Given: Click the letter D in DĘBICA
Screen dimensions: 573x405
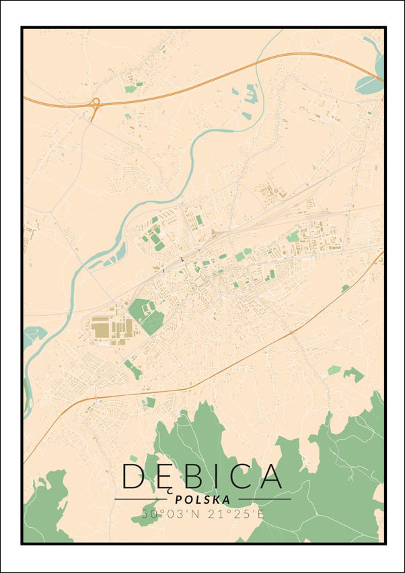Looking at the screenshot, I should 133,476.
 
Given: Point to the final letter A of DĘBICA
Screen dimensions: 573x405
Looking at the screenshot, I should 270,476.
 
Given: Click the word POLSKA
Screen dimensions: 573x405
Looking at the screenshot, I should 202,500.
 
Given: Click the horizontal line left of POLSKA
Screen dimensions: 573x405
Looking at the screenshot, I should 141,499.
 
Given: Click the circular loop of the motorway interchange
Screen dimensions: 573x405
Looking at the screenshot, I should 96,102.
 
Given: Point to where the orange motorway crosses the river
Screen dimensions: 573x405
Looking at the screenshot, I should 263,63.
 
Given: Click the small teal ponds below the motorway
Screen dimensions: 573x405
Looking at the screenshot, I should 250,92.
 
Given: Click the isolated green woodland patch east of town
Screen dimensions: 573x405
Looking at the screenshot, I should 353,374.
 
